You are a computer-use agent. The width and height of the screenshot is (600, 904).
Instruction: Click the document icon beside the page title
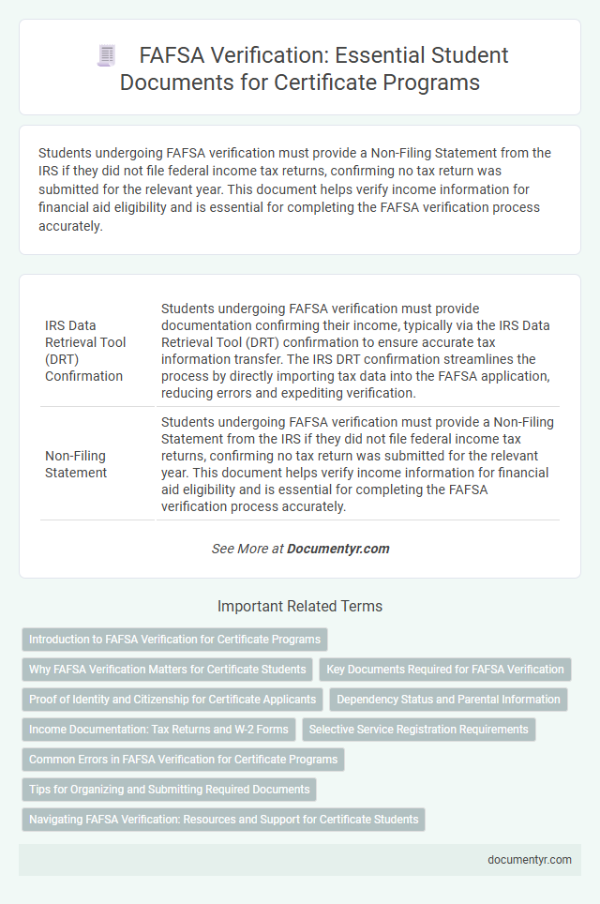106,56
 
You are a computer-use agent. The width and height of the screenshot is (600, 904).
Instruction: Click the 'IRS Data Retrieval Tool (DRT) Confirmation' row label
85,349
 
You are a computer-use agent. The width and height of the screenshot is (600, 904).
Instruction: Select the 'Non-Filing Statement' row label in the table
76,463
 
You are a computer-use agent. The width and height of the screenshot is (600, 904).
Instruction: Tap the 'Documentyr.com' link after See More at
337,549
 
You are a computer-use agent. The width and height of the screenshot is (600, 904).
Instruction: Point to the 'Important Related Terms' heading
300,607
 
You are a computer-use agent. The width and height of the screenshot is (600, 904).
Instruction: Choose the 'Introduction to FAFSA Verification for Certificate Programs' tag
174,640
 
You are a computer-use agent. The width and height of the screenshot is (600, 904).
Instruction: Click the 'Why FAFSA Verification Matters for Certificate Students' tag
168,670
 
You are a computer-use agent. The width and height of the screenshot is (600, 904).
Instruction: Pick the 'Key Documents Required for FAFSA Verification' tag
445,670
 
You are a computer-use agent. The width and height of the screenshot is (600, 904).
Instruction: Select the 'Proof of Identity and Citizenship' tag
172,700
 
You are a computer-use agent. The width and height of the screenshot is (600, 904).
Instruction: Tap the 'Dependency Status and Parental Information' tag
448,700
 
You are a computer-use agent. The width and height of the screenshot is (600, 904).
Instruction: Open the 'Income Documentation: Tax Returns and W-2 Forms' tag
157,730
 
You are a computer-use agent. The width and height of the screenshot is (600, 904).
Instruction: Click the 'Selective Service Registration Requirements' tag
418,730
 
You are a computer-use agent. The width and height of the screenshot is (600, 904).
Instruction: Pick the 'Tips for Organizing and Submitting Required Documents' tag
169,790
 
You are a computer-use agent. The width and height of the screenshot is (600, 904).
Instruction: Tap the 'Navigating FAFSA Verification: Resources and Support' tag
223,820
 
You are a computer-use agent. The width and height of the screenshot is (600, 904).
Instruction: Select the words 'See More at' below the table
247,549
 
